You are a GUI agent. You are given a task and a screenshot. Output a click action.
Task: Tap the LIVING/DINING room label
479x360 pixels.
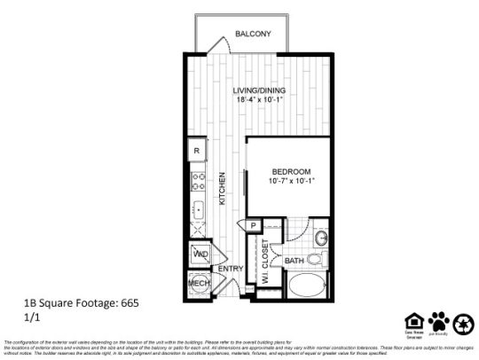(x=258, y=90)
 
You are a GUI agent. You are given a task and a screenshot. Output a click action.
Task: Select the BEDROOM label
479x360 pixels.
(x=291, y=170)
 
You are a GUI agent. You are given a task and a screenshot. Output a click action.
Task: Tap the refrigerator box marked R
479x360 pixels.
(x=197, y=152)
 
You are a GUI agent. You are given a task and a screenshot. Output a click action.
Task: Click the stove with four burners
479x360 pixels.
(x=199, y=184)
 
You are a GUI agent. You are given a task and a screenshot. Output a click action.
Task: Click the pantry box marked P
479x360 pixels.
(x=254, y=226)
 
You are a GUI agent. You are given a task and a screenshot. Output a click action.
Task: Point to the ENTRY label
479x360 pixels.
(x=231, y=268)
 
